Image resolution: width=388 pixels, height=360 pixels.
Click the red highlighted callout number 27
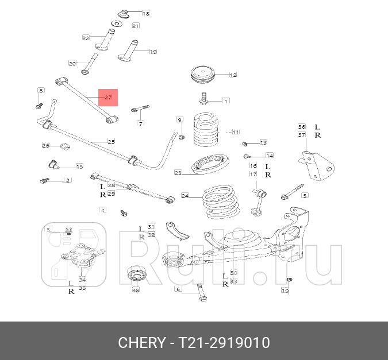108,98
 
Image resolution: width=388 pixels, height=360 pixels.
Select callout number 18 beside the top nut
145,13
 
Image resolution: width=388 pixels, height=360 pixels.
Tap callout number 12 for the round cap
233,75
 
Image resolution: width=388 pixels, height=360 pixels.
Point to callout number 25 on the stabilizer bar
112,141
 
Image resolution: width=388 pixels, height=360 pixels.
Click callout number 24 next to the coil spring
185,196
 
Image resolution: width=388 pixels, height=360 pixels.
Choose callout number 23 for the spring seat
178,172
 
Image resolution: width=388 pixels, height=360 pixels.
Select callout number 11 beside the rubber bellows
236,132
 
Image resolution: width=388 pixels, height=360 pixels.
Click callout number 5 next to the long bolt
305,195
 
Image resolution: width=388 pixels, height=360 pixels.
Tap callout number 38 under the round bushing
136,291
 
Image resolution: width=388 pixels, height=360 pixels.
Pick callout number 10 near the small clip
285,291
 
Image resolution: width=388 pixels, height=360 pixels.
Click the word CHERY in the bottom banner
141,343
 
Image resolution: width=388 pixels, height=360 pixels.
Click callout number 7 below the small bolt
140,123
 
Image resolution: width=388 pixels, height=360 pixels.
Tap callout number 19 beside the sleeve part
153,52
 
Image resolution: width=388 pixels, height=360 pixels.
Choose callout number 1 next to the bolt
226,101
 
